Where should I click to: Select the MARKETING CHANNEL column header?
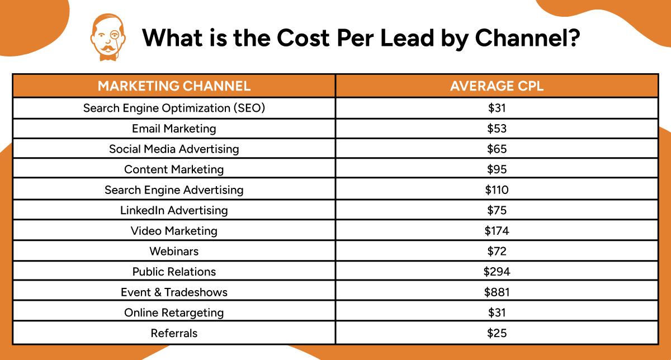point(174,86)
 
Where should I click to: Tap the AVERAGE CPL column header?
point(497,86)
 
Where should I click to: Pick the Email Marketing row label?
point(174,129)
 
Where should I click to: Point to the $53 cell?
point(497,129)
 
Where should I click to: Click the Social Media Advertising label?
point(174,149)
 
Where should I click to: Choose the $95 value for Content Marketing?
point(497,169)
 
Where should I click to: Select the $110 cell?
point(497,190)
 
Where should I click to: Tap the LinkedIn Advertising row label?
point(174,211)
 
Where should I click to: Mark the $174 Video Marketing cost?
point(497,231)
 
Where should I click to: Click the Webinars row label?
point(174,252)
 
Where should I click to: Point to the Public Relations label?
point(174,272)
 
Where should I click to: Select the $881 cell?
point(497,292)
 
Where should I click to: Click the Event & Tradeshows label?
point(174,292)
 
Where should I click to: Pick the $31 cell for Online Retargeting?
point(497,312)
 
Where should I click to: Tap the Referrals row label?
point(174,333)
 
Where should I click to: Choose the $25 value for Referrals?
point(497,333)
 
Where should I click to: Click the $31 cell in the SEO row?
point(497,108)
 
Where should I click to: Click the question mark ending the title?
point(572,37)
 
